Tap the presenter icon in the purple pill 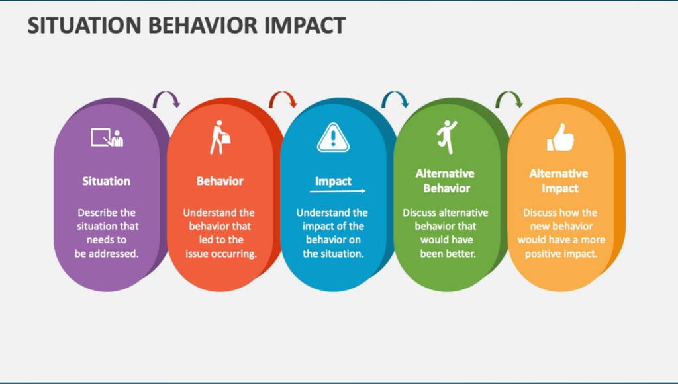point(107,137)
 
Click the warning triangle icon point(333,137)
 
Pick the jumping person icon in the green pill point(446,137)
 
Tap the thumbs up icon point(559,137)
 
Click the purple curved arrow point(166,100)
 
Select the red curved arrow point(283,100)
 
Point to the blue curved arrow point(395,100)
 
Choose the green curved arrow point(509,100)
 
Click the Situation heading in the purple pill point(106,181)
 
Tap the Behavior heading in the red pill point(220,181)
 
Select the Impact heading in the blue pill point(333,181)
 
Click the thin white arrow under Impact point(337,191)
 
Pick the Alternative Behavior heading point(446,180)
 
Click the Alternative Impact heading point(559,180)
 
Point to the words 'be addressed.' point(106,254)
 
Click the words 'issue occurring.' point(220,254)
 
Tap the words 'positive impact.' point(561,254)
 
